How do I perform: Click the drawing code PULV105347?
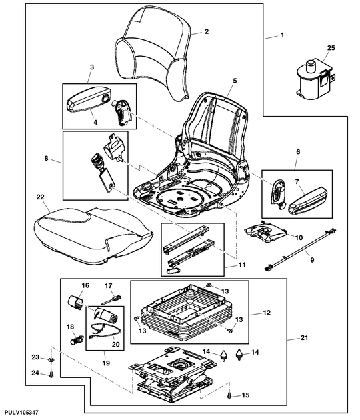pos(22,414)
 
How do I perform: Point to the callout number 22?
pos(41,197)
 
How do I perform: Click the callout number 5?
pos(235,80)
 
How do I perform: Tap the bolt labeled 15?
pos(229,395)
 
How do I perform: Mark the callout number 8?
pos(47,159)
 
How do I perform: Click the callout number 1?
pos(283,34)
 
